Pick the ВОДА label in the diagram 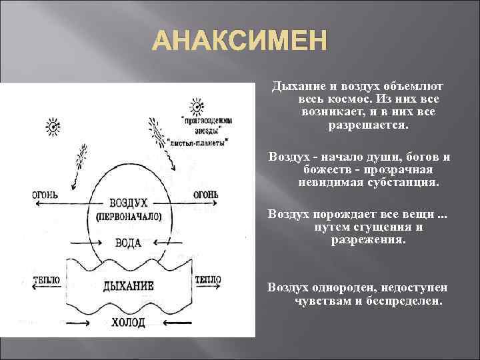[x=128, y=243]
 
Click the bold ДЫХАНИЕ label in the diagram [x=129, y=286]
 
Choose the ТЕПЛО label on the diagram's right [x=207, y=279]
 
